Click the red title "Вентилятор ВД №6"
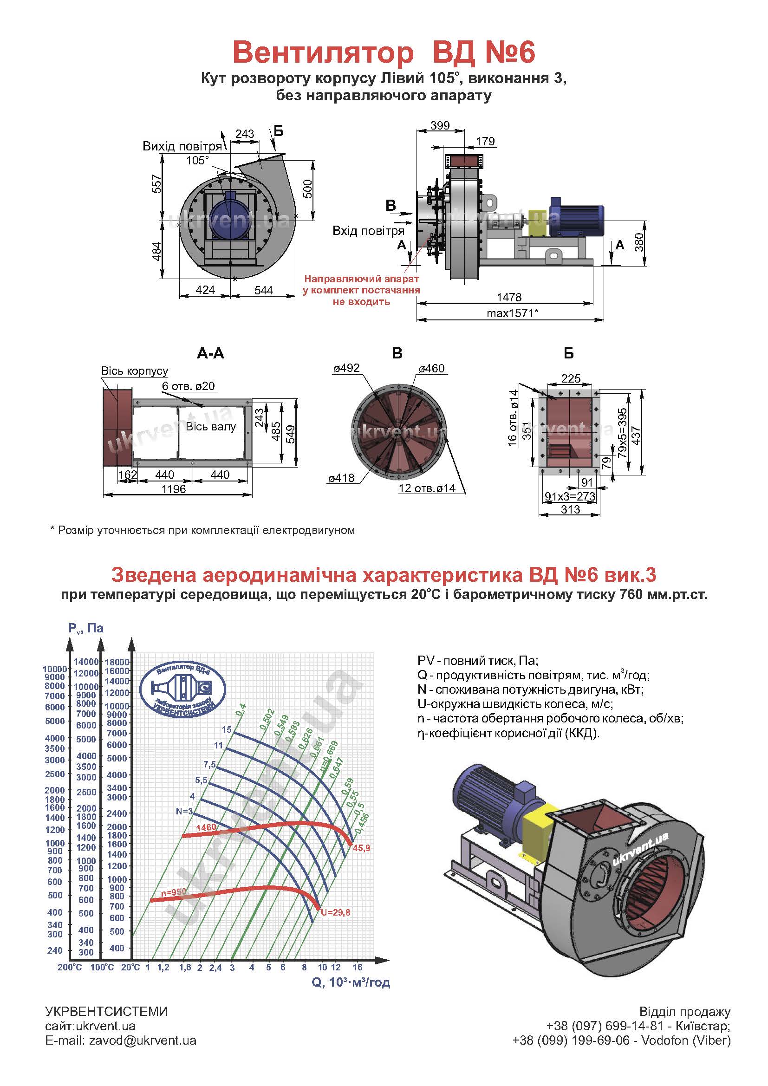pyautogui.click(x=384, y=52)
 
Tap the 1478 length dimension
pyautogui.click(x=509, y=297)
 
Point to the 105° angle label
pyautogui.click(x=197, y=160)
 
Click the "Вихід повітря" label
pyautogui.click(x=182, y=146)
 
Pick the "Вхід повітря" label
pyautogui.click(x=368, y=231)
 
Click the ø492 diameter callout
pyautogui.click(x=346, y=368)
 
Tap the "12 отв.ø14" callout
pyautogui.click(x=427, y=488)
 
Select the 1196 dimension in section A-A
pyautogui.click(x=174, y=489)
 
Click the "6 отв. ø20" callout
pyautogui.click(x=188, y=386)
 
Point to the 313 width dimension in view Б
pyautogui.click(x=570, y=509)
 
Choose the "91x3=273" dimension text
pyautogui.click(x=570, y=496)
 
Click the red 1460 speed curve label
pyautogui.click(x=206, y=827)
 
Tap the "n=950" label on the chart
pyautogui.click(x=174, y=892)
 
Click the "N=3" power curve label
pyautogui.click(x=184, y=811)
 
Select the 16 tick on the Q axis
pyautogui.click(x=358, y=967)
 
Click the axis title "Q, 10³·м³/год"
pyautogui.click(x=351, y=982)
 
